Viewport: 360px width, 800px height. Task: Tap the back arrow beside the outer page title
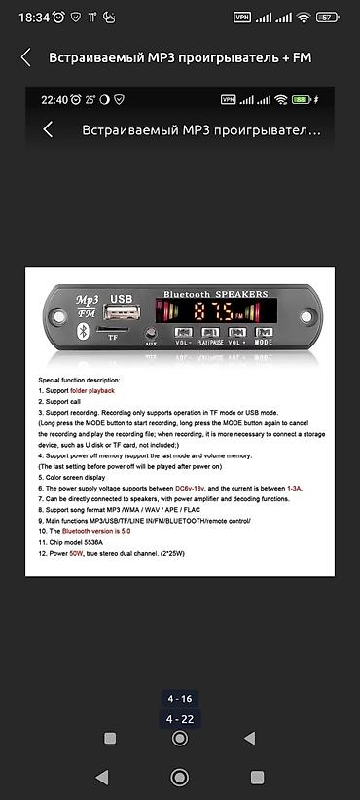coord(26,57)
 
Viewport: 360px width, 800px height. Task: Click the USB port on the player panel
coord(121,313)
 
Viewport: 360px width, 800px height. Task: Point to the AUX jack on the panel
coord(151,332)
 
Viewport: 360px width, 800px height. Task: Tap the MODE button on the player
coord(264,334)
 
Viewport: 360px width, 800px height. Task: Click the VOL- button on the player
coord(183,334)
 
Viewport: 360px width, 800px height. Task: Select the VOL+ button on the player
coord(237,334)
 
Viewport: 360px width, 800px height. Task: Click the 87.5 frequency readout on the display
coord(212,311)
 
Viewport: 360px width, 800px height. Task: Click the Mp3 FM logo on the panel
coord(89,306)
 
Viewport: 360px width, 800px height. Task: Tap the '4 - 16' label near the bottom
coord(179,699)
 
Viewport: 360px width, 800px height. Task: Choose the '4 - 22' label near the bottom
coord(179,719)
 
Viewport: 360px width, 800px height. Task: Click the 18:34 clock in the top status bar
coord(33,18)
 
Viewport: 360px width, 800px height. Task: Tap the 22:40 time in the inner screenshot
coord(54,99)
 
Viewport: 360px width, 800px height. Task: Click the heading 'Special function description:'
coord(79,380)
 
